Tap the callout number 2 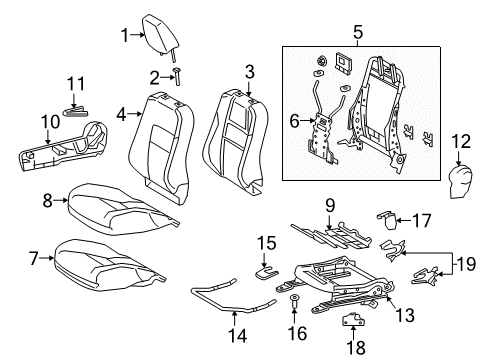point(153,77)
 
